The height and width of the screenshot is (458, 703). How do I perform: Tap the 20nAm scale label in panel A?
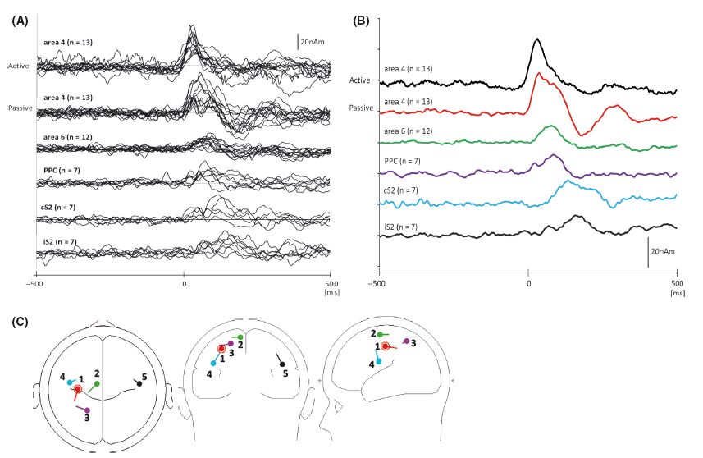(316, 39)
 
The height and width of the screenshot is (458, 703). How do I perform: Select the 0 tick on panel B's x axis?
(527, 283)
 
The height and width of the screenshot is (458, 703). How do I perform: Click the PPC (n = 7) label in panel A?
(60, 171)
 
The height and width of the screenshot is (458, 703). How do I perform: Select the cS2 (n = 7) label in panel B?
(399, 190)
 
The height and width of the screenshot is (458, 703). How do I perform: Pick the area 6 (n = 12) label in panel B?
(406, 131)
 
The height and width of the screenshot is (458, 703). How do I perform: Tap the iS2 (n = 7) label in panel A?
(58, 242)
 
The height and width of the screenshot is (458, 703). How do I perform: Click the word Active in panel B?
(359, 80)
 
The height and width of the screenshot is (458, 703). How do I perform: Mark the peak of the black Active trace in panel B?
(536, 39)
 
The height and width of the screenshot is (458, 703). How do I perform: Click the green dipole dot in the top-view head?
(97, 383)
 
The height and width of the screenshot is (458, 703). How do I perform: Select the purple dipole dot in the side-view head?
(406, 341)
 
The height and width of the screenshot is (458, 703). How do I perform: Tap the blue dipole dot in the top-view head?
(71, 382)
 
